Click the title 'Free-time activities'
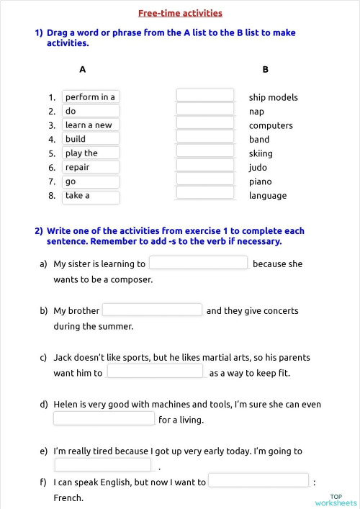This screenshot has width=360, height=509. (180, 13)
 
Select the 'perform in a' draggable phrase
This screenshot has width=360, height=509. (91, 97)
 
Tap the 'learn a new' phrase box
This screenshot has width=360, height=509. (91, 125)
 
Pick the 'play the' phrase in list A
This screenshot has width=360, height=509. (91, 153)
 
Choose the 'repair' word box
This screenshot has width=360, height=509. (91, 167)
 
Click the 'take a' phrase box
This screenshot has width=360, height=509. (91, 196)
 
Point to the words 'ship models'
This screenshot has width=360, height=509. (273, 98)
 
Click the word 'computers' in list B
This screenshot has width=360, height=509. (271, 126)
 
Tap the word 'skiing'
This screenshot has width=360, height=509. (261, 154)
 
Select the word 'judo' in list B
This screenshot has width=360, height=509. (258, 168)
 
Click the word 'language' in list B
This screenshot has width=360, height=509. (268, 196)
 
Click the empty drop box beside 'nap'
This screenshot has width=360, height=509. (205, 109)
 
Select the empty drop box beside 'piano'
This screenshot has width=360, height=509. (205, 179)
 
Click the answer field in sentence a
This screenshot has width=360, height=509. (198, 263)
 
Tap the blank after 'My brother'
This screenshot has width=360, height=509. (152, 310)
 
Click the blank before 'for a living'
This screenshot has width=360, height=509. (104, 418)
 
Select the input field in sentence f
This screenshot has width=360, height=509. (258, 480)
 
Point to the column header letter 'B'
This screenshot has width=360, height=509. (266, 70)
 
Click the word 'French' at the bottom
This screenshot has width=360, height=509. (68, 498)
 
